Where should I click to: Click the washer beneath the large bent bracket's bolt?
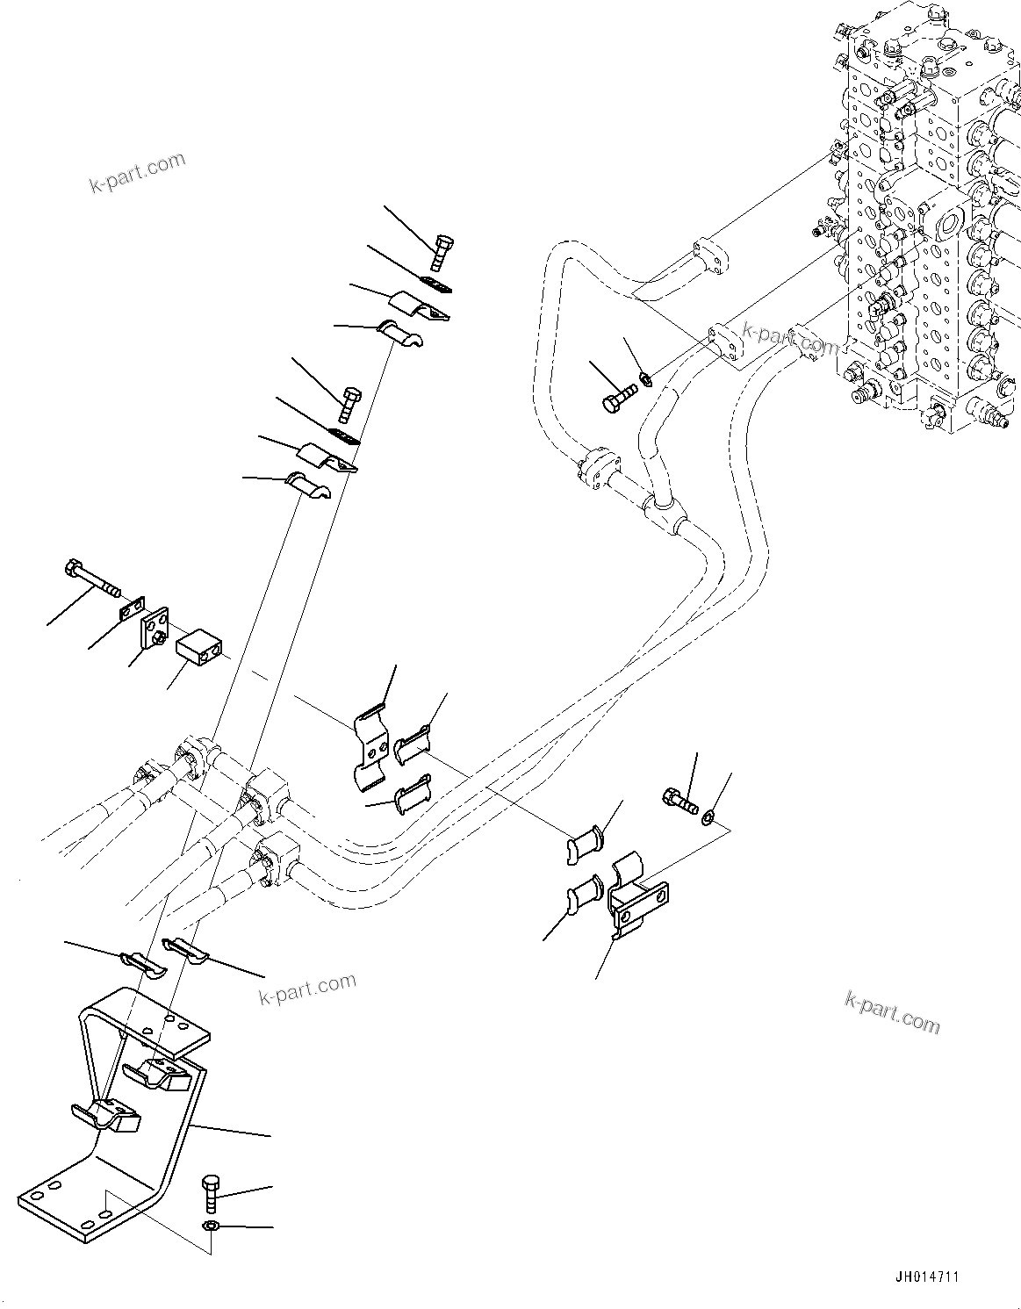coord(211,1226)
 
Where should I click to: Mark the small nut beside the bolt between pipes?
coord(644,379)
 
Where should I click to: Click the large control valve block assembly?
coord(922,219)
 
